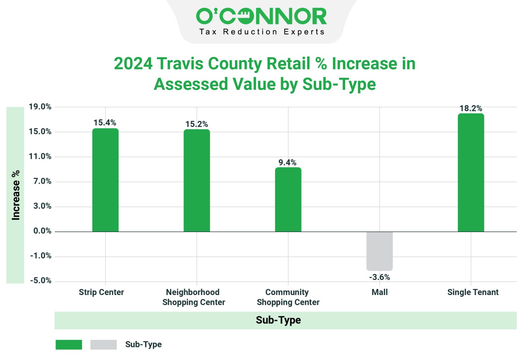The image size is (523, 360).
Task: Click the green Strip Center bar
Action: (105, 180)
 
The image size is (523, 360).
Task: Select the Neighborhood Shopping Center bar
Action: (197, 181)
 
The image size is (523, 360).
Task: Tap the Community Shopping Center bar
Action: (288, 200)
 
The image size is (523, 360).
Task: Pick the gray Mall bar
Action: (379, 251)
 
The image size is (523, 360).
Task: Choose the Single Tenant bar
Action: (471, 173)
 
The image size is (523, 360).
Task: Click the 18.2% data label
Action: (471, 109)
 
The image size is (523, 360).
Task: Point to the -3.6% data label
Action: (379, 277)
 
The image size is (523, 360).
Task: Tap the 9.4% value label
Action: (287, 163)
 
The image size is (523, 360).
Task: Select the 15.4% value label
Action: (105, 123)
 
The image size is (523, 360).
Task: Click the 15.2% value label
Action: (196, 124)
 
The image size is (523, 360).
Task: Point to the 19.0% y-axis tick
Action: (40, 107)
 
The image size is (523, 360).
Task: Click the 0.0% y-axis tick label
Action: (42, 231)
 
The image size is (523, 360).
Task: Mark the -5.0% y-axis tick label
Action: (41, 281)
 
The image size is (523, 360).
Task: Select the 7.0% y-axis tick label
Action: (42, 181)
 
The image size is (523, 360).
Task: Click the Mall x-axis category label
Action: (379, 292)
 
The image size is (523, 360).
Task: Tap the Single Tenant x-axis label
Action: (473, 292)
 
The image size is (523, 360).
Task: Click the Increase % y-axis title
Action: (16, 195)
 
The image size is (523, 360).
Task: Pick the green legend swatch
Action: (69, 345)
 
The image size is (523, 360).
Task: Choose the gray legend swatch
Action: (104, 345)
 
